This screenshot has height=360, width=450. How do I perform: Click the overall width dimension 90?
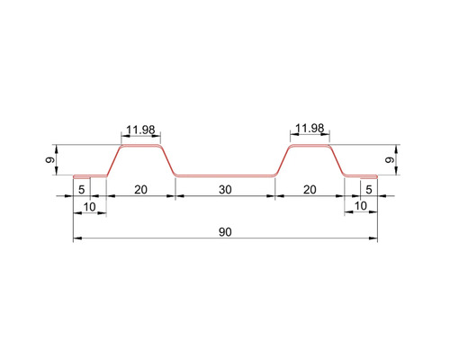(225, 232)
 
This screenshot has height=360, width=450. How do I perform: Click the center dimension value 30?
(225, 190)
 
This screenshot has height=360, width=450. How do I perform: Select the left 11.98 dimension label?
(140, 130)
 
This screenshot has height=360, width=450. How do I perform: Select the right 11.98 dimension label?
(310, 129)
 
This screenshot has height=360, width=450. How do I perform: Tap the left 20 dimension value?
(140, 190)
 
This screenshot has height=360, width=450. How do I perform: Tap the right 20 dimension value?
(310, 190)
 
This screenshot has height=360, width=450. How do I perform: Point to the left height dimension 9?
(50, 160)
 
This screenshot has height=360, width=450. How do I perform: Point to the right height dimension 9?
(390, 160)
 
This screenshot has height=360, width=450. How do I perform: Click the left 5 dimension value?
(81, 190)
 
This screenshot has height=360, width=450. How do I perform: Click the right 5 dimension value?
(369, 190)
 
